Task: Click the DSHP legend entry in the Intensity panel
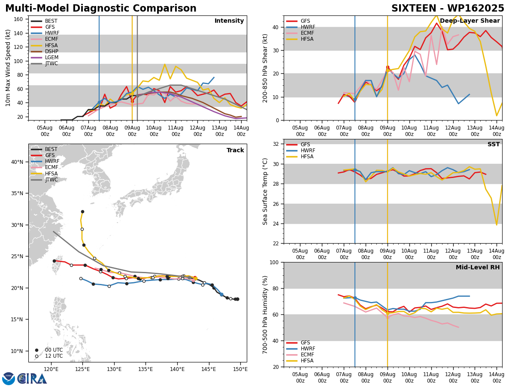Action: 45,51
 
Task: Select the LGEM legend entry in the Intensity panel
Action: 45,57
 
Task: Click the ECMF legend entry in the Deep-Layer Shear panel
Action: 300,33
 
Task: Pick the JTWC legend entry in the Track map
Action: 44,180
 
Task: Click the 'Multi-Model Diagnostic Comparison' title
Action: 101,9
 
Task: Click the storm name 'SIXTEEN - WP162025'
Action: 448,9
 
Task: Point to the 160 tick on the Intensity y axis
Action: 18,19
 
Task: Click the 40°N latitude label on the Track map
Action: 17,162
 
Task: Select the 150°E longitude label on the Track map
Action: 240,369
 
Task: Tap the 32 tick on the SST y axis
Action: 276,144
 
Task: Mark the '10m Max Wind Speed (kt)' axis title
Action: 8,68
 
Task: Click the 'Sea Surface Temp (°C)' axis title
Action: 265,191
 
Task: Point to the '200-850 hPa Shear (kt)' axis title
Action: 265,68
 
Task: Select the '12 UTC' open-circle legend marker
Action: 36,356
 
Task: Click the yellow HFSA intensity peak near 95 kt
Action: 165,64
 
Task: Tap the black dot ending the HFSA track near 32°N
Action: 82,211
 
